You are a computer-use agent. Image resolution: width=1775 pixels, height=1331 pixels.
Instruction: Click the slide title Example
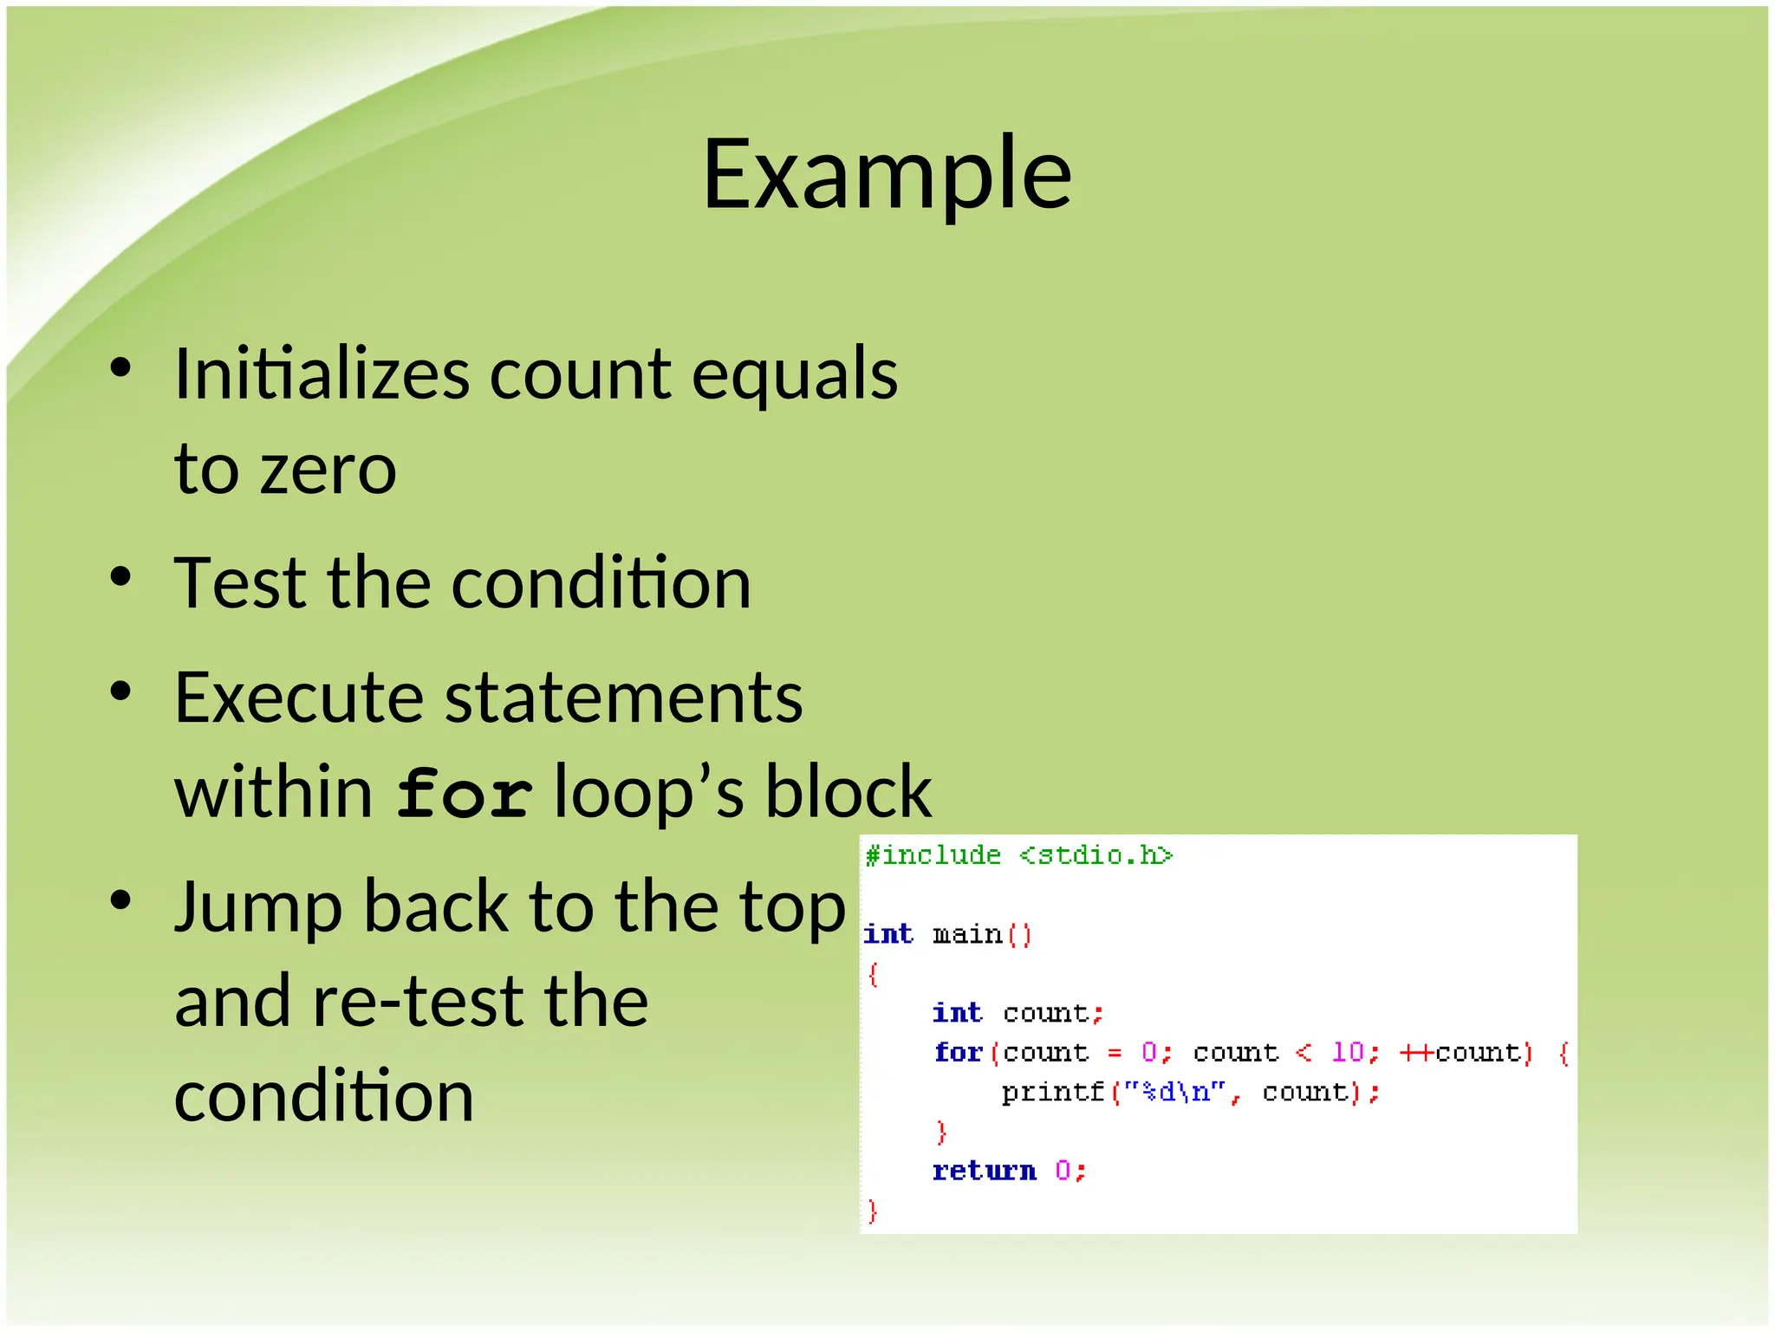pos(887,176)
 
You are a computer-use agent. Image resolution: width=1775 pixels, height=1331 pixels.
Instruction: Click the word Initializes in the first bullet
pos(321,374)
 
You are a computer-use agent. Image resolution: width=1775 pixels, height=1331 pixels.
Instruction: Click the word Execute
pos(297,698)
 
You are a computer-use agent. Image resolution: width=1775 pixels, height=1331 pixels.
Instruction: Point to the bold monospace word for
pos(464,794)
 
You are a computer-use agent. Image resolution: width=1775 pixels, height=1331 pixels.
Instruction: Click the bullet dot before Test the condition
pos(120,577)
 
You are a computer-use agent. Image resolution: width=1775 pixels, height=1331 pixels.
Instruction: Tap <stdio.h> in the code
pos(1096,856)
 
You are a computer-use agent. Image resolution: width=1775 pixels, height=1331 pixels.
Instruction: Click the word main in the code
pos(966,934)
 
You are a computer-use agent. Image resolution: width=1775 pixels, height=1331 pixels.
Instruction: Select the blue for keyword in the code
pos(958,1052)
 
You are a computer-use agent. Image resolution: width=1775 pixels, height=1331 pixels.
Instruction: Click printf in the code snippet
pos(1052,1092)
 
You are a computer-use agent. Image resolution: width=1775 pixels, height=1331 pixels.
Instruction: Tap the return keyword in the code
pos(984,1171)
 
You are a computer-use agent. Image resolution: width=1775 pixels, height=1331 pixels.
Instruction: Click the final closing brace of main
pos(873,1211)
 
